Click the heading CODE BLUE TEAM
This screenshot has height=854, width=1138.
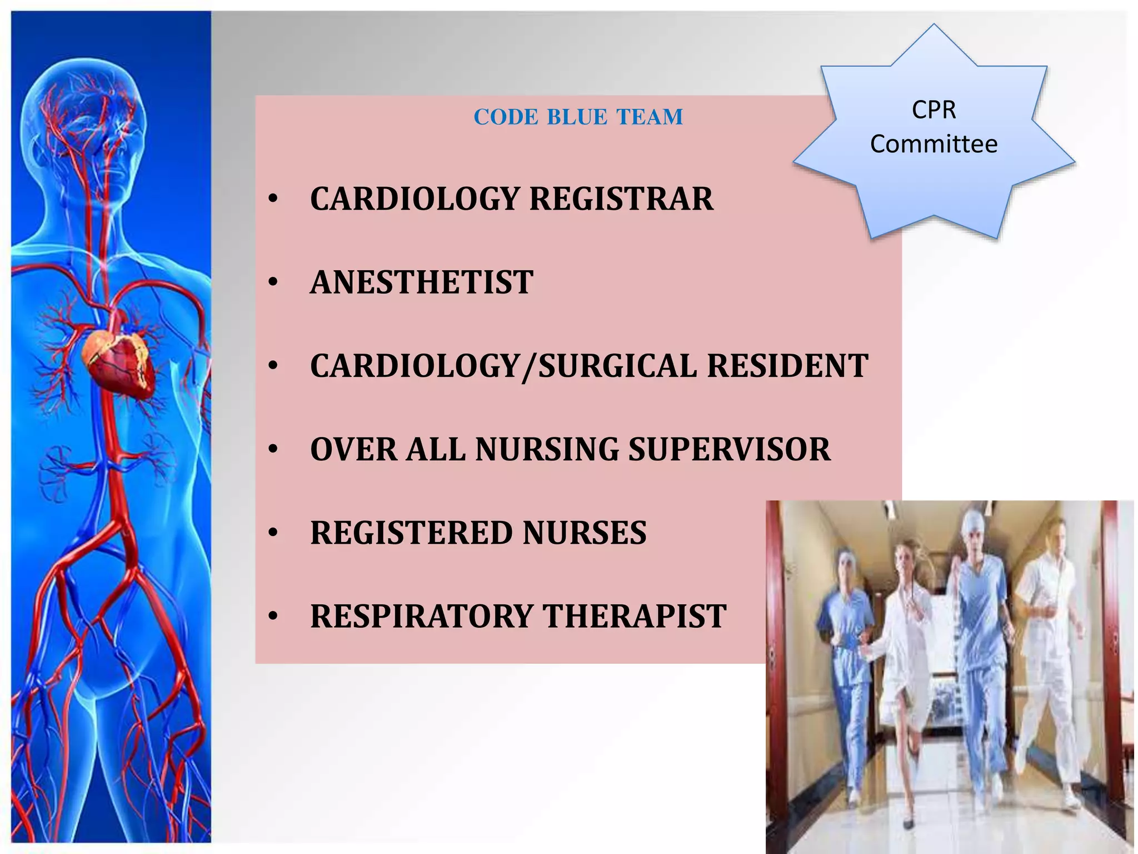point(578,117)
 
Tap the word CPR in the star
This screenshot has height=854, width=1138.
point(934,110)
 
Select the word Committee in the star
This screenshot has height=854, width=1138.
point(934,144)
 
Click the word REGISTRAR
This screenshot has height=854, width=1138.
point(621,198)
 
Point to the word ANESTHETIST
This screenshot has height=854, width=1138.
point(421,282)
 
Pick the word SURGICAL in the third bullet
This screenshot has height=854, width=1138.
point(617,366)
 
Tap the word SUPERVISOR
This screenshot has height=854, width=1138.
point(729,449)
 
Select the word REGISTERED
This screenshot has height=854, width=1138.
point(411,533)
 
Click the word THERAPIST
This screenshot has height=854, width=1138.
point(634,616)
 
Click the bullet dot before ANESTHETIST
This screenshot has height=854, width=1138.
point(272,283)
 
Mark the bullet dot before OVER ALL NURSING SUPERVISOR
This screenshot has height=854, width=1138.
point(272,450)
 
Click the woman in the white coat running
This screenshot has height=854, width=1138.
point(906,639)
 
